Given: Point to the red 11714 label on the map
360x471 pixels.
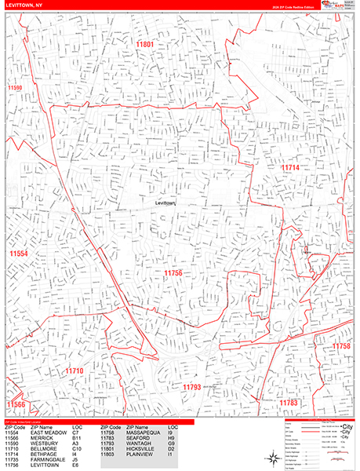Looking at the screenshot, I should pos(291,168).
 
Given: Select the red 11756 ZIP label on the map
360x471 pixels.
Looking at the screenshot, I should pos(173,272).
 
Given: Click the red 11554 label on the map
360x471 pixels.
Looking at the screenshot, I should pos(18,254).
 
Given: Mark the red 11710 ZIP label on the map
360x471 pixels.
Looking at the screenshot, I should pos(74,371).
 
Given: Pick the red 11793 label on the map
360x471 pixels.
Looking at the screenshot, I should pos(192,387).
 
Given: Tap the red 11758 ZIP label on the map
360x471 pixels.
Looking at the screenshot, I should pos(342,346).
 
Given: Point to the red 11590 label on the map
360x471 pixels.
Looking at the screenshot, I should pos(13,89).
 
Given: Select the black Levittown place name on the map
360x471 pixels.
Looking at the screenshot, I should pos(167,203).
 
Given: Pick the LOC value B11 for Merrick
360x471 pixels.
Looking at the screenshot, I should pos(76,438).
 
